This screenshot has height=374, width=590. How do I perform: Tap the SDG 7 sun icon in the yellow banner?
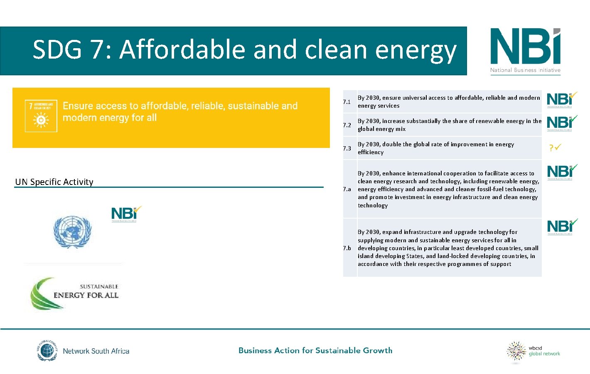(41, 120)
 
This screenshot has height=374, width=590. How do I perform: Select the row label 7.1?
(347, 102)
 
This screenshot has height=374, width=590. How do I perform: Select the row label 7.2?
(347, 125)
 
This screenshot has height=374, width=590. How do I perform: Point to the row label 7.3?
(347, 148)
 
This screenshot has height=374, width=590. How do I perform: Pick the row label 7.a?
(347, 189)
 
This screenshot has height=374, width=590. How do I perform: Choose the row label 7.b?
(347, 248)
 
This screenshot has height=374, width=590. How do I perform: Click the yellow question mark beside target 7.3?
(551, 148)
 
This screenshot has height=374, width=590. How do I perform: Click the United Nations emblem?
(72, 232)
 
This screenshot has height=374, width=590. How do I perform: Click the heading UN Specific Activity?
(54, 182)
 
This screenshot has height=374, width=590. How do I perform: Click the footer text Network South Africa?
(96, 351)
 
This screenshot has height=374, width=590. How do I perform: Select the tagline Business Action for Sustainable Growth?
(315, 350)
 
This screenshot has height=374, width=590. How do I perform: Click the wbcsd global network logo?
(533, 352)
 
